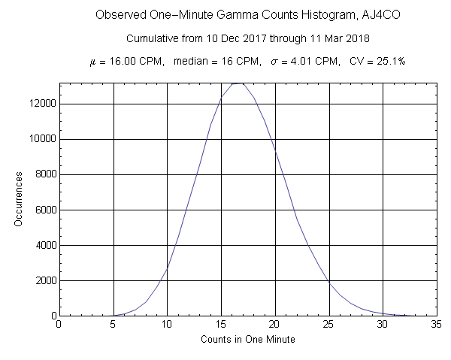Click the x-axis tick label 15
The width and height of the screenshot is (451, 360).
221,325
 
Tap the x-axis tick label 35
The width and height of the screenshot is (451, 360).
437,325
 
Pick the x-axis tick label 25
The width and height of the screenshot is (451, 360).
329,325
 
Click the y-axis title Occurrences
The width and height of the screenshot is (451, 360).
19,199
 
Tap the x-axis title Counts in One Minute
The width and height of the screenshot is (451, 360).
248,340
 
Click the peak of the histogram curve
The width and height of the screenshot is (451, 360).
238,83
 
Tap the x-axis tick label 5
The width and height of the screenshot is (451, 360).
113,325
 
